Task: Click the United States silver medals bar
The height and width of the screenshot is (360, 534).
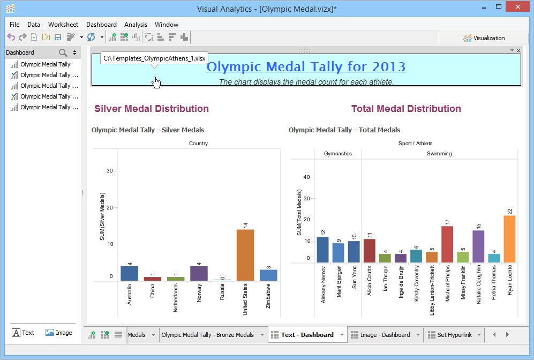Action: click(245, 255)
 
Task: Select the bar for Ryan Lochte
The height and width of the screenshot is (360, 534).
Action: click(509, 239)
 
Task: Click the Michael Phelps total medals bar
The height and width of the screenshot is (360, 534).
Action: click(447, 244)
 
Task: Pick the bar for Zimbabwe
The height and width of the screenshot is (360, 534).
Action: click(268, 275)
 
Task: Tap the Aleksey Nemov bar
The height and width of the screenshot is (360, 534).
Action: click(322, 250)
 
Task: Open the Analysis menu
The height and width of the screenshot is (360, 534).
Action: click(136, 25)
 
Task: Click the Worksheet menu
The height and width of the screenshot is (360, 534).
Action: click(63, 25)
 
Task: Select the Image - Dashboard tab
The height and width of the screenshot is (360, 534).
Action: click(385, 335)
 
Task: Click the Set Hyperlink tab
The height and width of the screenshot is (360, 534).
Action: click(454, 335)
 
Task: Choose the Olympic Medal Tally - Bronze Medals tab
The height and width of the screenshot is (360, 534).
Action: click(207, 335)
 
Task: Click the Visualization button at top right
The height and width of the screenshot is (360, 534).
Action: click(484, 38)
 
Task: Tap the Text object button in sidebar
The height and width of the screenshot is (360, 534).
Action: click(23, 333)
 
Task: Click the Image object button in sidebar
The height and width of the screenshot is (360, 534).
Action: click(58, 333)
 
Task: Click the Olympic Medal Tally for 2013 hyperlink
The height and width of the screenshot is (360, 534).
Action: click(306, 67)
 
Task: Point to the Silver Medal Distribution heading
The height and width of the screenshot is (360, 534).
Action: click(152, 109)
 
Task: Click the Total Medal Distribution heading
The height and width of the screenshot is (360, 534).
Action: click(406, 109)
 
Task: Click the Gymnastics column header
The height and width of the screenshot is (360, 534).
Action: click(338, 154)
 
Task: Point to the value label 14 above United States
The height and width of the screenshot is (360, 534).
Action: click(245, 225)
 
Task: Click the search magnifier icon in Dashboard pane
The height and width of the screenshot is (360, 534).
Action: click(63, 52)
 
